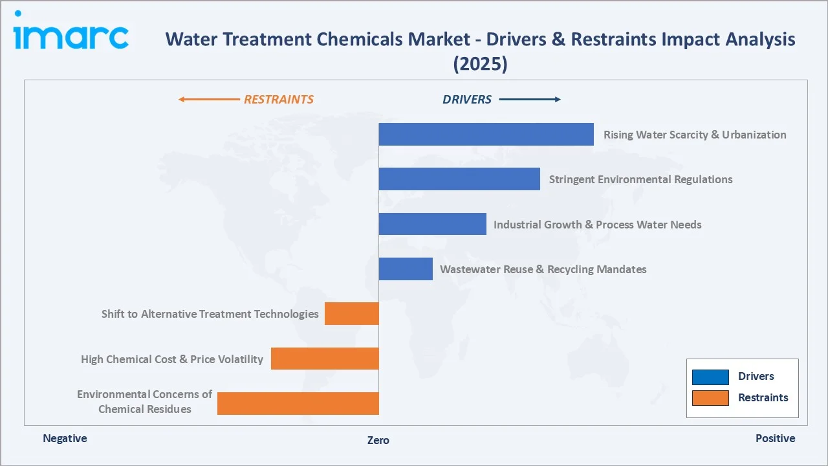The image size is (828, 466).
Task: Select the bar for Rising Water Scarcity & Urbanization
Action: coord(486,134)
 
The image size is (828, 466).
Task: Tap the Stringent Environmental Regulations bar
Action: coord(459,179)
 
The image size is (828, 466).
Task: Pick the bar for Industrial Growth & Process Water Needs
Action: coord(432,224)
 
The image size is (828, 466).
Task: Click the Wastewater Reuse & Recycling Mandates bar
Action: coord(406,269)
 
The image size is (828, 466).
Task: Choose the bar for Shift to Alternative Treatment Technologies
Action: coord(351,314)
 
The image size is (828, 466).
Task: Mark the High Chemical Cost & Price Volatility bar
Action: coord(325,359)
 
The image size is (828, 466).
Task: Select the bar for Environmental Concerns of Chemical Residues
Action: coord(298,403)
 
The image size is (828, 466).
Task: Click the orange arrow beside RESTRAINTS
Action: coord(208,100)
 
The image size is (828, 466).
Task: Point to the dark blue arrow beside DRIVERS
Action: coord(530,100)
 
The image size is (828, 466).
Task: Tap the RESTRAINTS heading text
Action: coord(278,100)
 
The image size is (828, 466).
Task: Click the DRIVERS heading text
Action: coord(467,100)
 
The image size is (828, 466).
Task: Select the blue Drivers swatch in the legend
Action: coord(710,377)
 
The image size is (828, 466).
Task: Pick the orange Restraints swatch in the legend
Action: coord(710,397)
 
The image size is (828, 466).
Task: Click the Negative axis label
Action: coord(65,438)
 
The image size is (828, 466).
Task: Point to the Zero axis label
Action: coord(378,440)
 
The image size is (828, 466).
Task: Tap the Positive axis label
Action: coord(775,438)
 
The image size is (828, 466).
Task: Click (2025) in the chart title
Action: coord(480,63)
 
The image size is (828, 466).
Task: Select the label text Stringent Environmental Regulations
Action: coord(640,179)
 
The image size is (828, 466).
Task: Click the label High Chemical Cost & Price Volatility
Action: coord(172,359)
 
